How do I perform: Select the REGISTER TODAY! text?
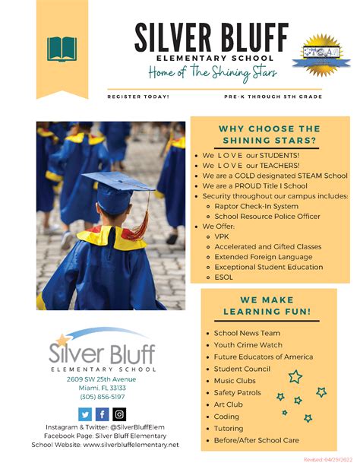[x=138, y=97]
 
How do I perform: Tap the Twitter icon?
[x=85, y=414]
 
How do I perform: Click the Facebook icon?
[x=102, y=414]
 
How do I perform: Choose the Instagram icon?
[x=119, y=414]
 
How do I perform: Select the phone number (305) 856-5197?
[x=101, y=397]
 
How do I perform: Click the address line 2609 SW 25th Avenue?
[x=101, y=379]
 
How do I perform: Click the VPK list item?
[x=222, y=236]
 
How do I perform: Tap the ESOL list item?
[x=224, y=277]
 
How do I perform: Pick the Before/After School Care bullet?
[x=256, y=440]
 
